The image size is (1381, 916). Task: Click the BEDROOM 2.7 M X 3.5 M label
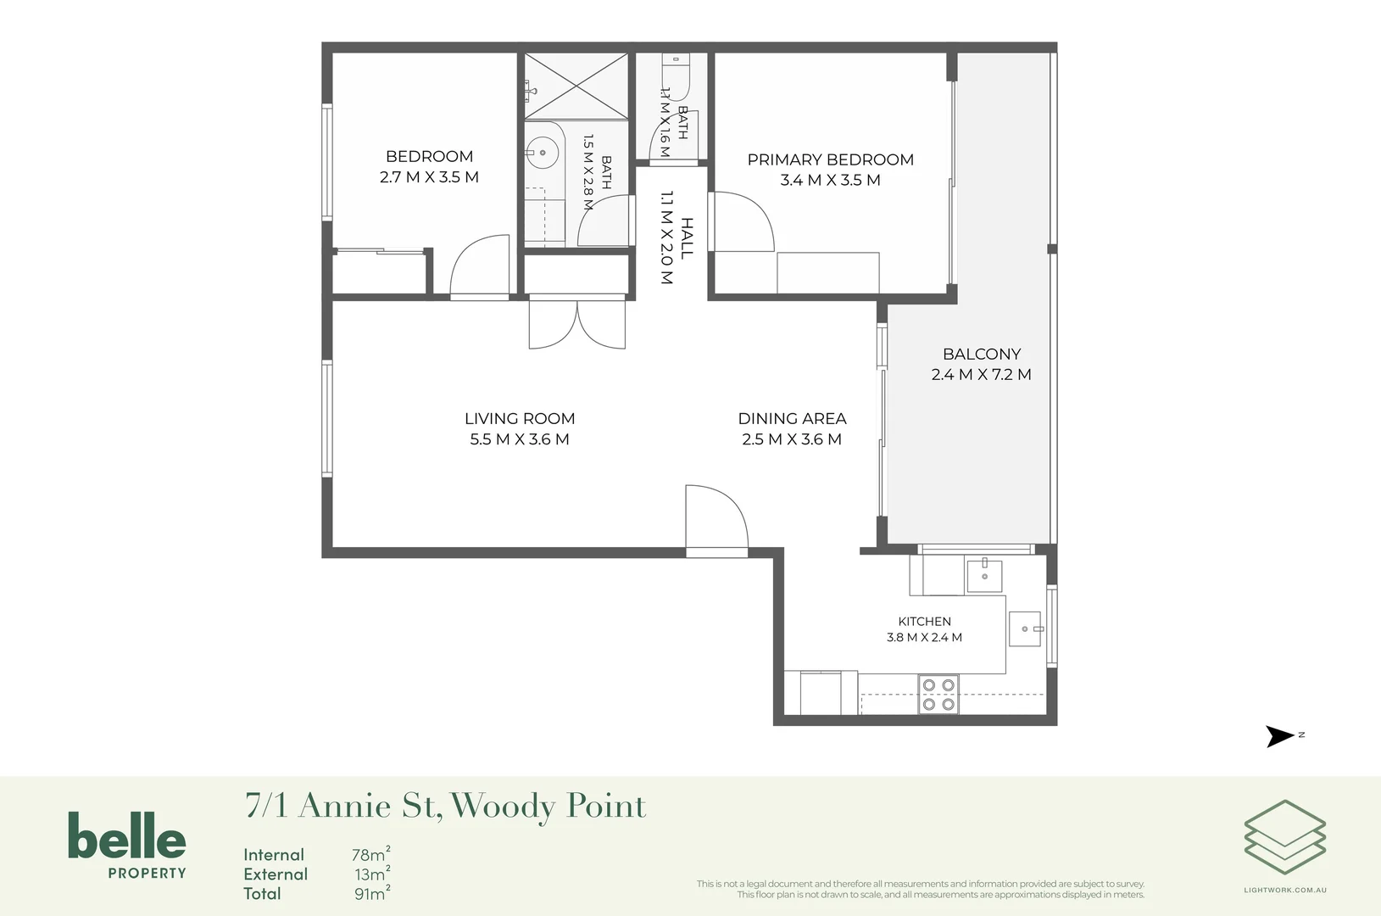click(429, 166)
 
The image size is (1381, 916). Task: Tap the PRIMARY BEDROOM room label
click(831, 170)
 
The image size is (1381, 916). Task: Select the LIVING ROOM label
click(520, 428)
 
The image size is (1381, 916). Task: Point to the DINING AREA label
click(792, 428)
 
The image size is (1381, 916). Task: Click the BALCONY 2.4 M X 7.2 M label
click(982, 364)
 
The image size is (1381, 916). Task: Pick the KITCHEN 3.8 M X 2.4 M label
click(924, 629)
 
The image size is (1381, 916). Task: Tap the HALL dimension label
click(677, 237)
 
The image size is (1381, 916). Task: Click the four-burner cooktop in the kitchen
click(938, 695)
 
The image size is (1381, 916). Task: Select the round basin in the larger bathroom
click(543, 153)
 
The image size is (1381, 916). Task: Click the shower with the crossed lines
click(576, 86)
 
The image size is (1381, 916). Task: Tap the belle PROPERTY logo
click(127, 845)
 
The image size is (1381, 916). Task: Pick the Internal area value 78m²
click(371, 854)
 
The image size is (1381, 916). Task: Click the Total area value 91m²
click(372, 893)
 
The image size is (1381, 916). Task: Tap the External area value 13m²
click(372, 874)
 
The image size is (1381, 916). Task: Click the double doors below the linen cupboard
click(577, 325)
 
